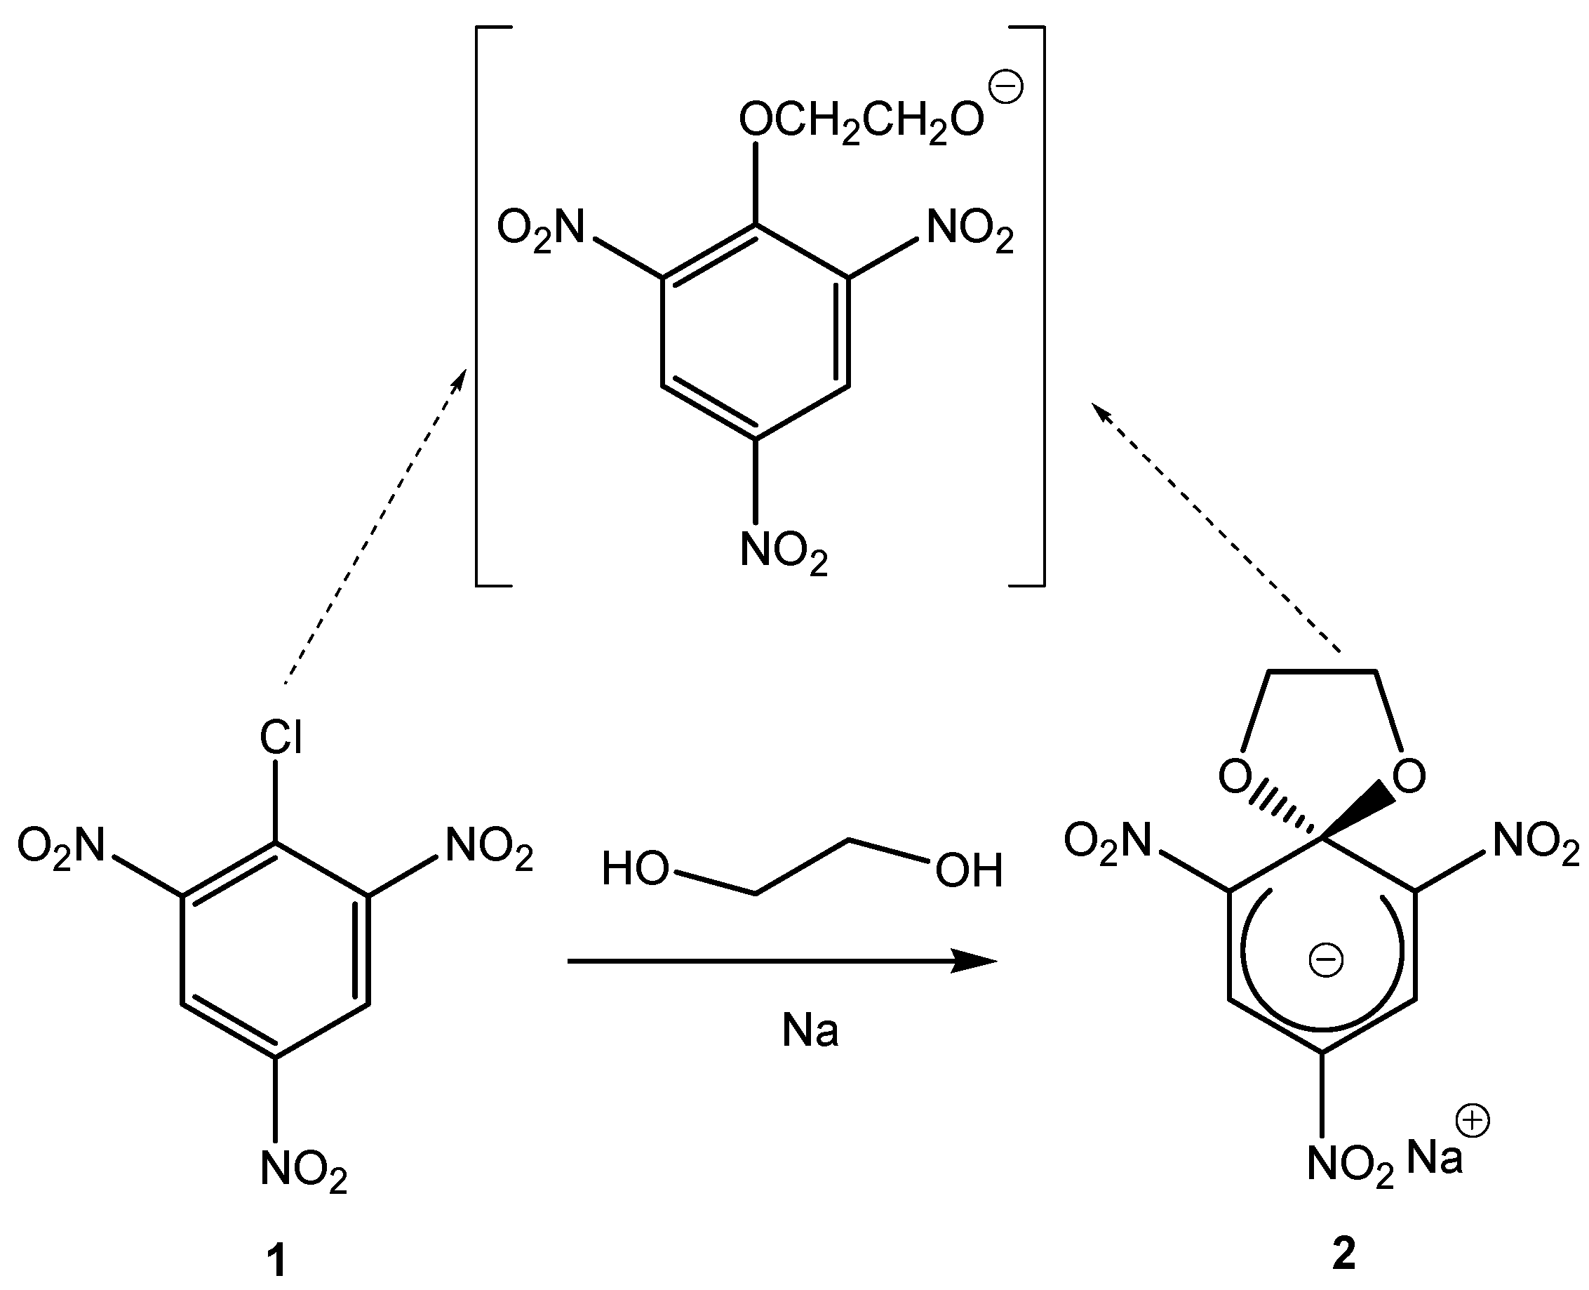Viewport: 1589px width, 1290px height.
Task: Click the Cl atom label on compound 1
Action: click(280, 738)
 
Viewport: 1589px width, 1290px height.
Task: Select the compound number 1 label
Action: click(276, 1261)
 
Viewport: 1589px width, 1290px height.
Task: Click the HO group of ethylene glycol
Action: click(635, 869)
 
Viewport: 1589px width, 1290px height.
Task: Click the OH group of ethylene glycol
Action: click(969, 870)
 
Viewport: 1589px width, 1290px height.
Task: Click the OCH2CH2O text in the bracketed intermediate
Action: click(861, 119)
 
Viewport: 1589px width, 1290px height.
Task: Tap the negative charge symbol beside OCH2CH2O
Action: click(1007, 88)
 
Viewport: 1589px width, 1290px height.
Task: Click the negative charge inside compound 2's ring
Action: click(1325, 960)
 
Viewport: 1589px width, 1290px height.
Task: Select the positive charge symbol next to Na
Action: click(1474, 1122)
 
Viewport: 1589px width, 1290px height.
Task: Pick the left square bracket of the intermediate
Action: click(483, 307)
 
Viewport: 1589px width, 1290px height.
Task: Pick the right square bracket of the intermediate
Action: click(1037, 307)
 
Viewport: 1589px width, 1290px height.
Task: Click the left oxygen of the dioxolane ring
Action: click(1235, 776)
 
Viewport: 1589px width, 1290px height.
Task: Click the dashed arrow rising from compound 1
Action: click(375, 524)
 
